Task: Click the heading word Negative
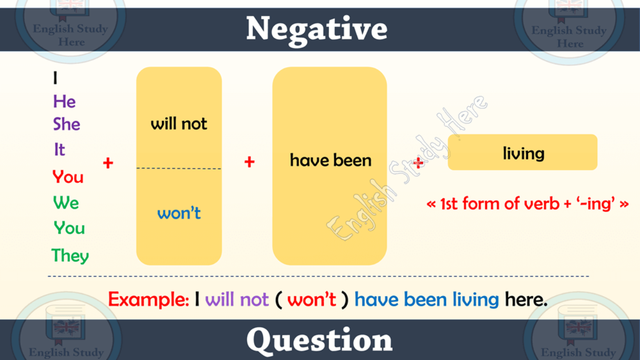coord(316,29)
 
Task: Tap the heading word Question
coord(319,340)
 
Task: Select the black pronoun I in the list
coord(55,77)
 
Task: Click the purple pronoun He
coord(64,101)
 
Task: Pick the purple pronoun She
coord(66,124)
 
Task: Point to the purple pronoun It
coord(59,149)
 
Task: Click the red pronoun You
coord(68,176)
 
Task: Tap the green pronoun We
coord(66,202)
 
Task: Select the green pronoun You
coord(69,228)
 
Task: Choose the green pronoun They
coord(70,255)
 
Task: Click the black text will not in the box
coord(179,123)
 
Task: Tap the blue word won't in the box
coord(179,212)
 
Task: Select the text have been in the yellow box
coord(330,160)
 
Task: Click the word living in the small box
coord(523,153)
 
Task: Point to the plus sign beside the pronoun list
coord(108,163)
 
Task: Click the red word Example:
coord(148,299)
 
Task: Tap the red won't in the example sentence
coord(311,299)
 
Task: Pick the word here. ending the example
coord(526,299)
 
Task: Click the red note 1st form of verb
coord(499,203)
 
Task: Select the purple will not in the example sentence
coord(237,299)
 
